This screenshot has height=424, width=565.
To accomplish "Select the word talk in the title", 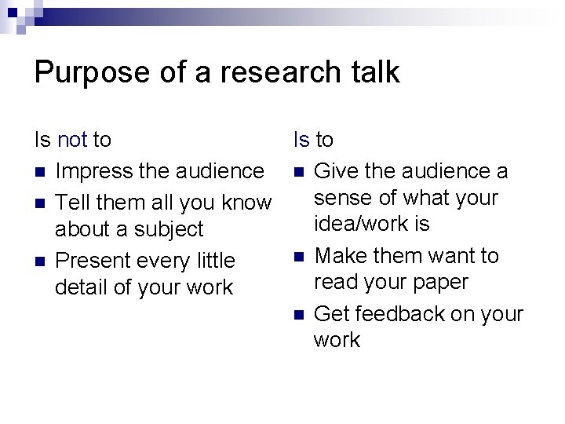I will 374,73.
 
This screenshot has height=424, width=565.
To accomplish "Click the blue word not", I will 73,141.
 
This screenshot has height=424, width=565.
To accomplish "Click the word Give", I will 335,171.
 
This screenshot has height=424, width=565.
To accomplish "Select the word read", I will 338,282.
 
